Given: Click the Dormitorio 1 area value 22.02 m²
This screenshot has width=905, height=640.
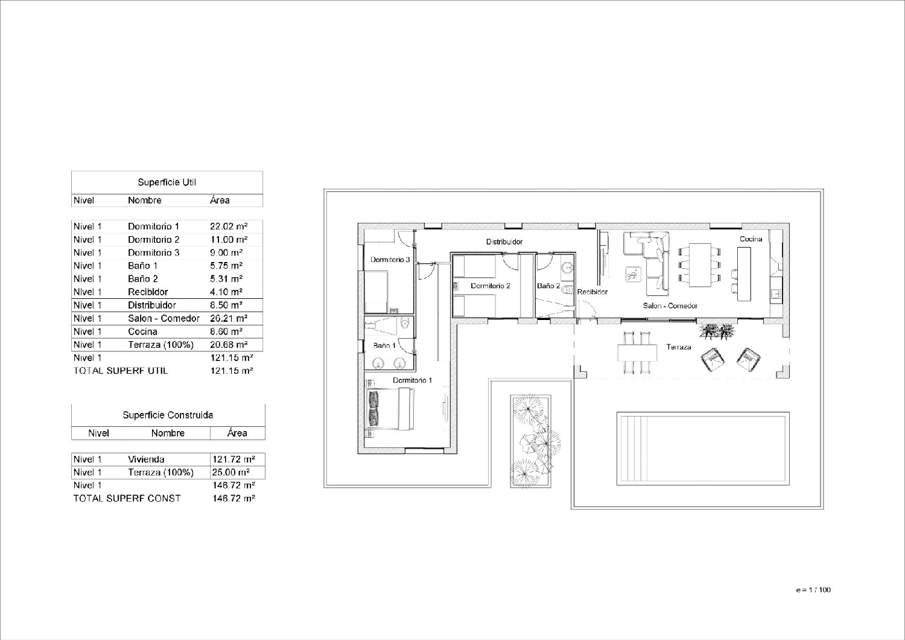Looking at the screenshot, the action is tap(229, 226).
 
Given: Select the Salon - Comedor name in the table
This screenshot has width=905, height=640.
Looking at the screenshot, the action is tap(164, 319).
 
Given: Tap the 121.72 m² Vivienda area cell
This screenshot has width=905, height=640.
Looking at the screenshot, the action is tap(233, 459).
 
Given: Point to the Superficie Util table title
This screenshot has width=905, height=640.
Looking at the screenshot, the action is tap(167, 182).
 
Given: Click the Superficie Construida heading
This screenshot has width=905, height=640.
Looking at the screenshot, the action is tap(168, 415).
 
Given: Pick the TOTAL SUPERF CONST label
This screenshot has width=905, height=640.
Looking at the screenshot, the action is tap(127, 499).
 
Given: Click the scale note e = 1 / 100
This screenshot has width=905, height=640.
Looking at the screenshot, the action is tap(813, 590).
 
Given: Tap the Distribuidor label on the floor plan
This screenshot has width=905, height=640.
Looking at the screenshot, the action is tap(504, 242).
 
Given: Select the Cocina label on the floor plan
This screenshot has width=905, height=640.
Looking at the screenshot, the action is tap(751, 239).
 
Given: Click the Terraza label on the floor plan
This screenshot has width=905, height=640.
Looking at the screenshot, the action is tap(678, 347).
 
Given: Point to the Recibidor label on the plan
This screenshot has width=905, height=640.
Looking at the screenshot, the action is tap(592, 292).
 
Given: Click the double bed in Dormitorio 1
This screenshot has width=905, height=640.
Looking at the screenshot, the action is tap(390, 409).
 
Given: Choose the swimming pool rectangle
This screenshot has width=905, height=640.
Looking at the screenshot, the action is tap(703, 449).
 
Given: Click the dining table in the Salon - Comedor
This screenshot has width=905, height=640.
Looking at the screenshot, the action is tap(700, 265).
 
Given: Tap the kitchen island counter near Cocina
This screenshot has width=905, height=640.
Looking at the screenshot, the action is tap(744, 274).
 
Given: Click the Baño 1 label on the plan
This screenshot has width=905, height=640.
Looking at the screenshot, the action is tap(384, 346).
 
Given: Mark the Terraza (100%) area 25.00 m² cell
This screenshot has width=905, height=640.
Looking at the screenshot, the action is tap(230, 472).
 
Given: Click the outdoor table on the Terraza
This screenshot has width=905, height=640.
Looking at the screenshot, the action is tap(637, 353).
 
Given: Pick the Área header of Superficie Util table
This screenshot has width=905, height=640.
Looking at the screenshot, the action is tap(220, 200).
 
